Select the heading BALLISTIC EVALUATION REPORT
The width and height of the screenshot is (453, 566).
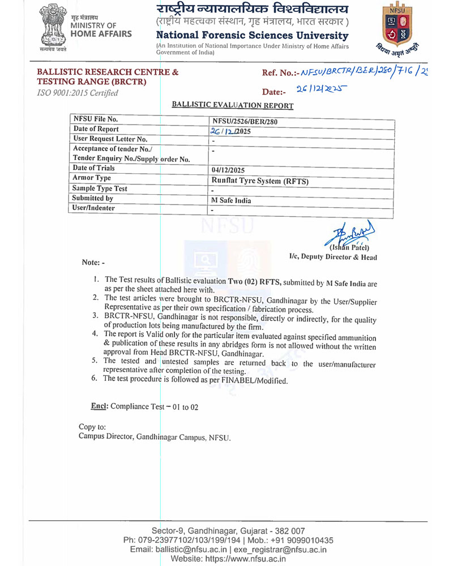tap(232, 105)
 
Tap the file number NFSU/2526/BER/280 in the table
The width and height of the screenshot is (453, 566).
tap(245, 122)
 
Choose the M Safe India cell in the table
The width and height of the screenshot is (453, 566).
tap(231, 200)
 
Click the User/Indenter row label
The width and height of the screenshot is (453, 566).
tap(95, 208)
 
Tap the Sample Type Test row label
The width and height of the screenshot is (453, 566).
tap(100, 188)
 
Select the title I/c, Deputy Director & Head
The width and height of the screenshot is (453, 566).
tap(332, 257)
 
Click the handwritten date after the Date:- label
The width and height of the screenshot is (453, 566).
tap(321, 90)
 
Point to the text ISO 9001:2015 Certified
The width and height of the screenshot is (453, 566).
tap(78, 93)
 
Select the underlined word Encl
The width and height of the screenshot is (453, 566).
tap(100, 406)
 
